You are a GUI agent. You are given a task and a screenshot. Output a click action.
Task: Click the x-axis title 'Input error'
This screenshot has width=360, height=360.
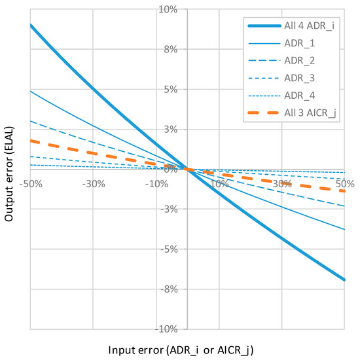coord(187,348)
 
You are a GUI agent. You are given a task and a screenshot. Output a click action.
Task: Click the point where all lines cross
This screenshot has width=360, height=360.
coord(187,169)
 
